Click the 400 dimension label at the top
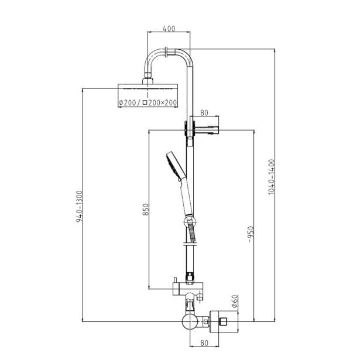[x=169, y=29]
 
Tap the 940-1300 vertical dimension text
[x=79, y=207]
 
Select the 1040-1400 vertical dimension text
[x=272, y=177]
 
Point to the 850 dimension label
[x=146, y=210]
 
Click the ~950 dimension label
[x=251, y=234]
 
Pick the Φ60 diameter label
[x=235, y=301]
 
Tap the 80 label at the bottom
[x=204, y=343]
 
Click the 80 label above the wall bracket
[x=204, y=113]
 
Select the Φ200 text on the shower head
[x=128, y=102]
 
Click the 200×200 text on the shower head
[x=162, y=102]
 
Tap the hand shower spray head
[x=176, y=165]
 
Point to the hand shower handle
[x=187, y=197]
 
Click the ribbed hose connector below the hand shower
[x=192, y=232]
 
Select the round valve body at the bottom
[x=190, y=321]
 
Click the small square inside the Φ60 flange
[x=223, y=321]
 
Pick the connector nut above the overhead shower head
[x=148, y=81]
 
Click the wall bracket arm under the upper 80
[x=207, y=130]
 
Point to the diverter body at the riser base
[x=187, y=289]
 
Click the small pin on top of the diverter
[x=174, y=280]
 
